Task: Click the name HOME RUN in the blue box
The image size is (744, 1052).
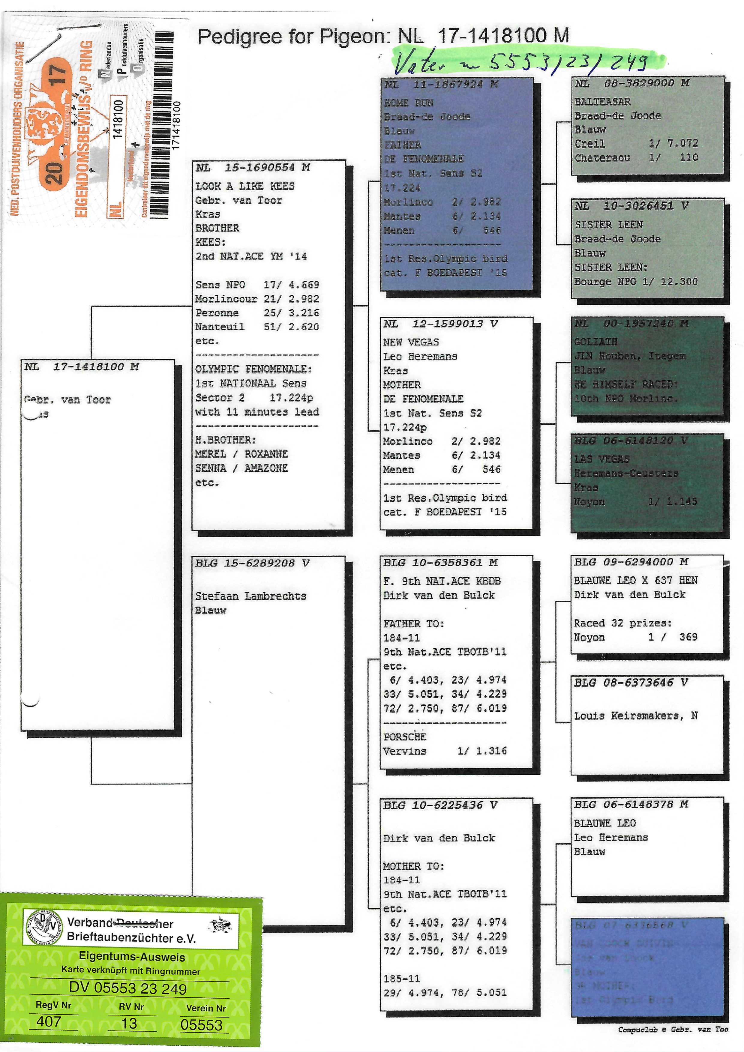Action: click(x=408, y=103)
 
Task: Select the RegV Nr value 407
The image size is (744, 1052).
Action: click(x=49, y=1022)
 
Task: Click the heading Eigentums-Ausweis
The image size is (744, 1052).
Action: click(x=132, y=957)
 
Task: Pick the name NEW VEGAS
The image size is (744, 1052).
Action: click(x=411, y=342)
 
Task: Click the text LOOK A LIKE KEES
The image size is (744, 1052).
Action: click(x=245, y=186)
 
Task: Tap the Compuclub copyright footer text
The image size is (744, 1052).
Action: click(x=673, y=1030)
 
